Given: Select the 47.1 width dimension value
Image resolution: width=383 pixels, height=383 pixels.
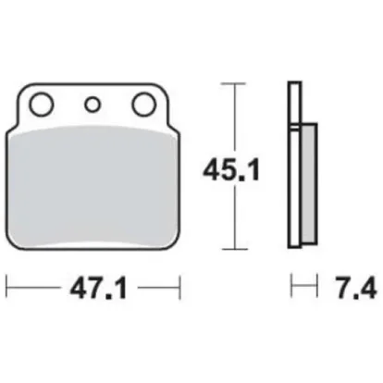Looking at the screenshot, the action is [98, 290].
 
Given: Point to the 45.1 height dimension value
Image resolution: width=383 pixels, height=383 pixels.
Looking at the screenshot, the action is [231, 170].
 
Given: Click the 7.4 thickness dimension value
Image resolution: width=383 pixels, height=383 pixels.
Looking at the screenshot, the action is [356, 290].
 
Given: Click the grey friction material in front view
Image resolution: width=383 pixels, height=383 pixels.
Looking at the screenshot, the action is [93, 187].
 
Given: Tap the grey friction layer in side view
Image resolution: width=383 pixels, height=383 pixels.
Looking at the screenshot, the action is [309, 183].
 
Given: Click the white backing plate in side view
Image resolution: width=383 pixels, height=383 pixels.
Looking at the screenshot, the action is [294, 165].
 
